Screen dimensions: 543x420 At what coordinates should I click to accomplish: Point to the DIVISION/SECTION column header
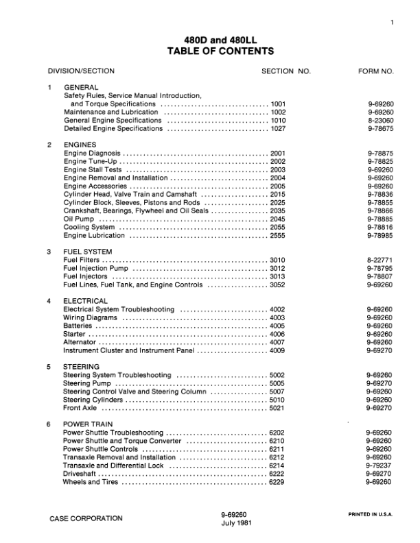(x=81, y=71)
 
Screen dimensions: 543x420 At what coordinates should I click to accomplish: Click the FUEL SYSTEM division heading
(x=89, y=252)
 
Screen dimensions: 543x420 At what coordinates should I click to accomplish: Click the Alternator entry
(x=80, y=342)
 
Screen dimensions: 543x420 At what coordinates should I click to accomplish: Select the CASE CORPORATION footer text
(x=86, y=518)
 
